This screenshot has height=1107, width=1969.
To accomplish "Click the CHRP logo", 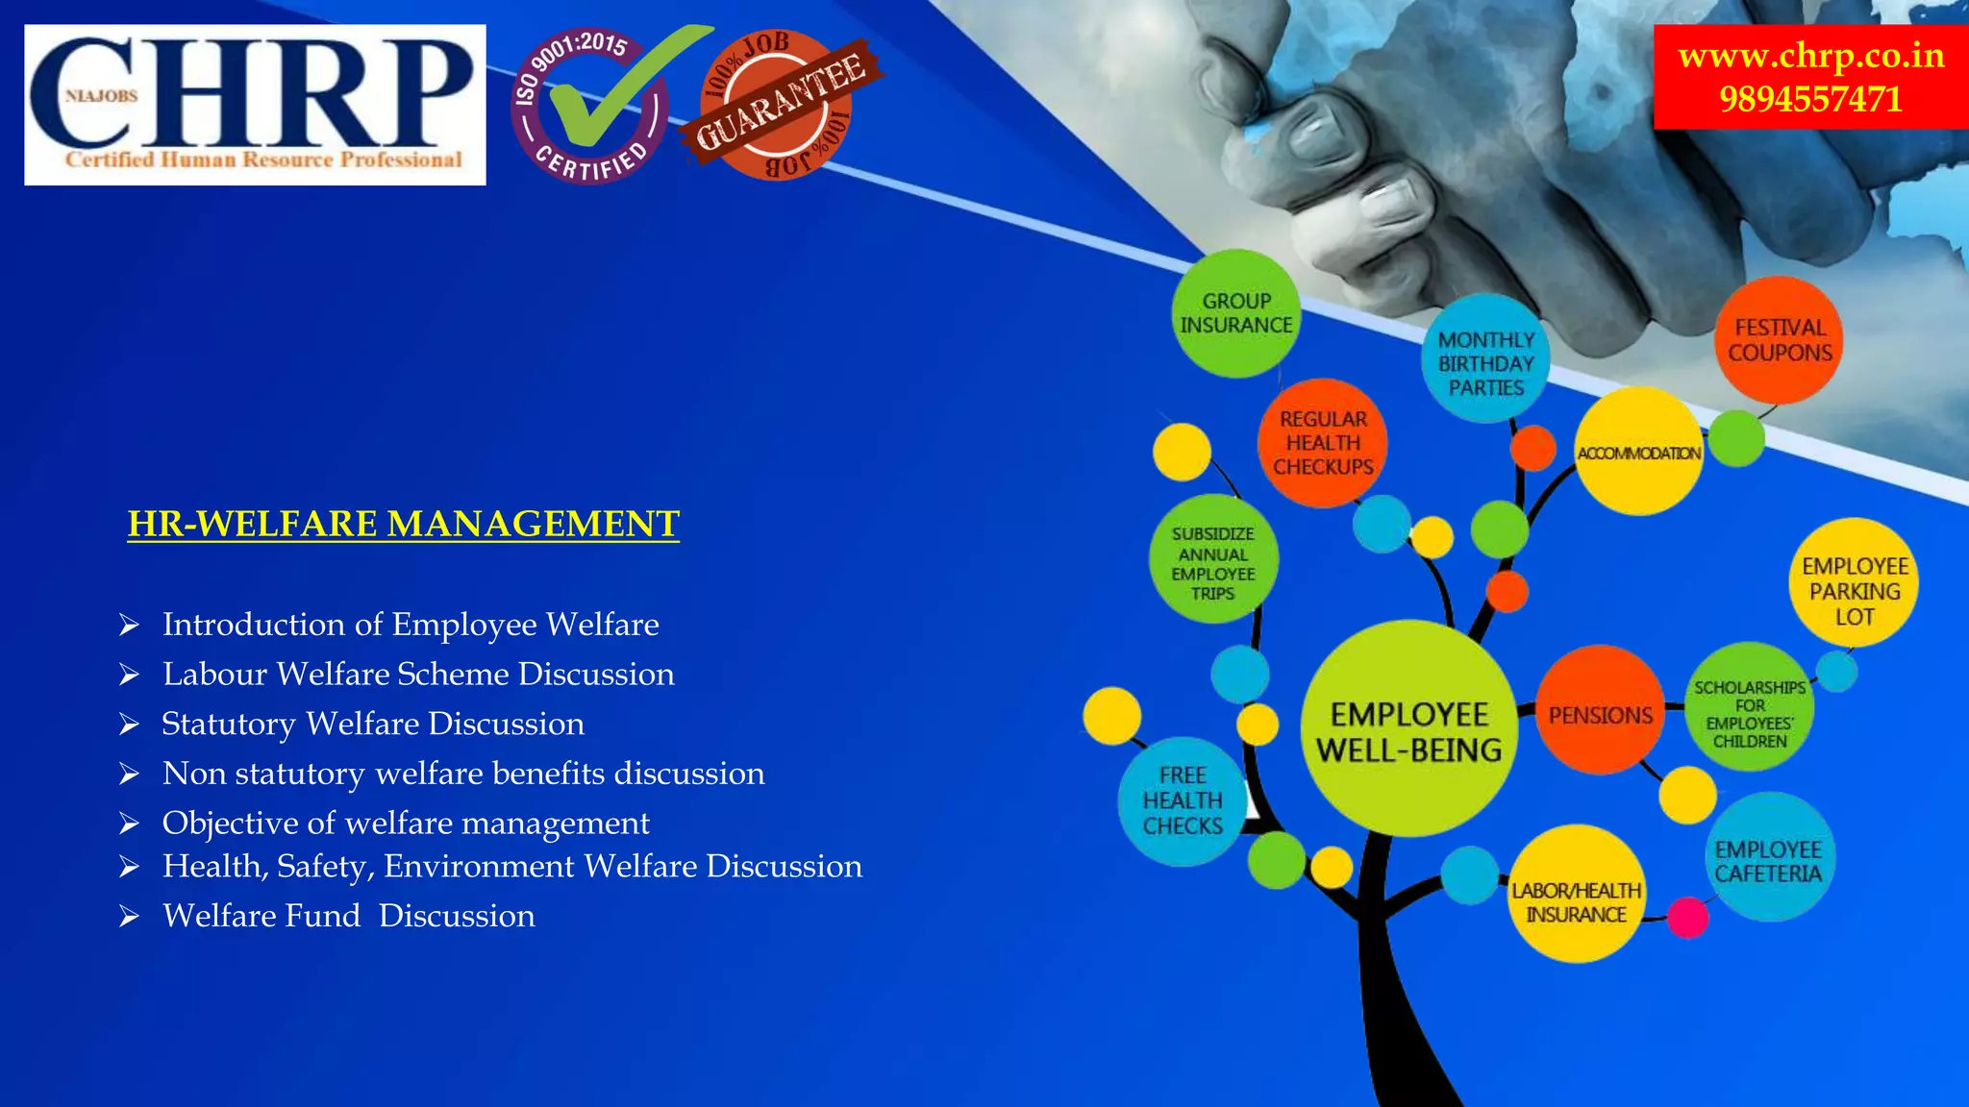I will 255,104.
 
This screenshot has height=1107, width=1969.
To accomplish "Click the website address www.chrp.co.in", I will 1810,56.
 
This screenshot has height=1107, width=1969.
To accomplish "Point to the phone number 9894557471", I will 1810,99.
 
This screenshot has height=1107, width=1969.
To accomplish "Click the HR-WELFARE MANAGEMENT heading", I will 403,524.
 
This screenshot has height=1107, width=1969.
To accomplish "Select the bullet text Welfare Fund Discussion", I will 348,916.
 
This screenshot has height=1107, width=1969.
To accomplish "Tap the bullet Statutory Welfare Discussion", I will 373,724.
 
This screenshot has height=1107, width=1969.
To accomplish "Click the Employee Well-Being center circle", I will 1408,730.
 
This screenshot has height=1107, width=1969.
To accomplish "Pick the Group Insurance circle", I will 1236,313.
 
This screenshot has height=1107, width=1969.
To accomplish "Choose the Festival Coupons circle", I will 1780,340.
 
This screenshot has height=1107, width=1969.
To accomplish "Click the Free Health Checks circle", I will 1183,800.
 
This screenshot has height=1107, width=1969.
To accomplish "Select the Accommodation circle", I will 1638,453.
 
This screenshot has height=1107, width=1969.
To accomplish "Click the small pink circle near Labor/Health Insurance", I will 1687,917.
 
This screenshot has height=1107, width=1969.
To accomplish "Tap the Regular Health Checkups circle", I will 1323,443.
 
